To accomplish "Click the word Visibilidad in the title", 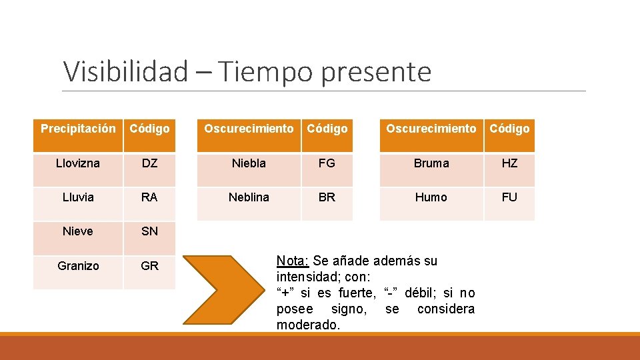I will pos(125,71).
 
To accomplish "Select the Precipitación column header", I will pos(78,129).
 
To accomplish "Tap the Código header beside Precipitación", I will pos(149,129).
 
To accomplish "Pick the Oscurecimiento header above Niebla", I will pos(249,129).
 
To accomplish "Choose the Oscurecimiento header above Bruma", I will pos(431,129).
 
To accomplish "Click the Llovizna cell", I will pos(78,163).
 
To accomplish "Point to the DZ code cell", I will pos(149,163).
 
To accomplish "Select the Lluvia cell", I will pos(78,197).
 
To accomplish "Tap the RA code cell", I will pos(149,197).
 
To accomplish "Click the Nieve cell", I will pos(78,231).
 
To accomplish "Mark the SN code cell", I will pos(149,231).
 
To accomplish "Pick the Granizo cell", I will pos(78,266).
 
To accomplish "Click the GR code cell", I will pos(149,266).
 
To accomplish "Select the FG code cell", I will pos(327,163).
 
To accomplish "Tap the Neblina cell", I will pos(249,197).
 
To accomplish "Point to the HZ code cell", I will pos(509,163).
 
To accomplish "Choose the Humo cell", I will pos(431,197).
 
